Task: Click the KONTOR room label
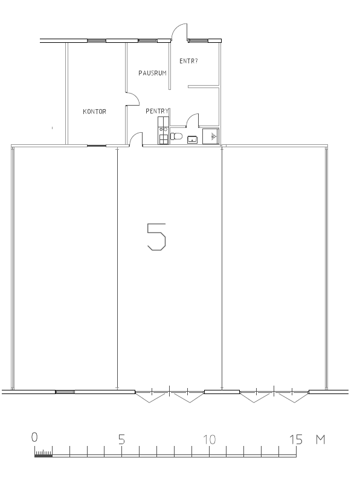[x=95, y=112]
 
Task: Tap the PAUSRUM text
[x=152, y=73]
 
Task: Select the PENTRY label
[x=157, y=111]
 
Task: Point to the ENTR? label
[x=188, y=61]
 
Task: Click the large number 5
[x=156, y=237]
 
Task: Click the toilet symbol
[x=176, y=136]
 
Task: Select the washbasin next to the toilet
[x=192, y=140]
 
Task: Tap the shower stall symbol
[x=210, y=136]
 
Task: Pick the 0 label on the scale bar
[x=34, y=437]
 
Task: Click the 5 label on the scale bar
[x=121, y=439]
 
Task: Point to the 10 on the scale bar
[x=209, y=439]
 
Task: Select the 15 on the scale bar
[x=296, y=439]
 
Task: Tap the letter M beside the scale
[x=321, y=439]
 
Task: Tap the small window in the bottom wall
[x=65, y=392]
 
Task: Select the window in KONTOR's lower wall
[x=97, y=145]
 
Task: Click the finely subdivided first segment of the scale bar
[x=43, y=454]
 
